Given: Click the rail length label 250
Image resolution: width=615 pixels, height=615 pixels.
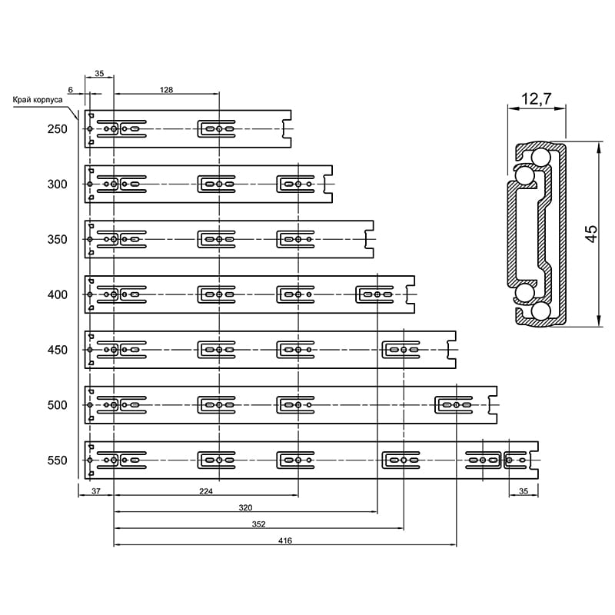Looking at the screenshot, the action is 57,129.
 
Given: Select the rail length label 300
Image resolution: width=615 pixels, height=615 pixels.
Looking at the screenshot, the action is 57,184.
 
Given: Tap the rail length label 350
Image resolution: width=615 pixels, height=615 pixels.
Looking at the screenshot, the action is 57,240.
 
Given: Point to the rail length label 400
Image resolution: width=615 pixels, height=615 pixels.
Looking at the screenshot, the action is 57,295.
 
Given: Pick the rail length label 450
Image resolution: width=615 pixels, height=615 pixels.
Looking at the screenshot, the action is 57,350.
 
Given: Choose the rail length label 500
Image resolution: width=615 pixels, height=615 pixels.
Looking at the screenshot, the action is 57,405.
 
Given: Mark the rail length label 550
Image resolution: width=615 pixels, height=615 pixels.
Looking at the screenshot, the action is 57,460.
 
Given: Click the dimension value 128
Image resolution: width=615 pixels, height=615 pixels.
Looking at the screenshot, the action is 166,90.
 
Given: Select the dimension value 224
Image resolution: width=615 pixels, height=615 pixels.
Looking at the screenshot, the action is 206,491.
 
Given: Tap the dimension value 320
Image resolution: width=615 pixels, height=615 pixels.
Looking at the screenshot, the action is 245,507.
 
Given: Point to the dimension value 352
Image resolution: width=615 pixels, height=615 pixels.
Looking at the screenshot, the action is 259,524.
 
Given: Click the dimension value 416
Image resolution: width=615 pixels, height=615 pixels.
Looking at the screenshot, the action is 285,540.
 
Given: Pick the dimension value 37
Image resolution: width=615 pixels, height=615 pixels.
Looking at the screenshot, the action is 96,491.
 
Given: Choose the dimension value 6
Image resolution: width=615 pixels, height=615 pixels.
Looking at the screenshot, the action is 71,90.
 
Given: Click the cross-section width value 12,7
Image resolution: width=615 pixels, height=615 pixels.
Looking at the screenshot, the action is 536,98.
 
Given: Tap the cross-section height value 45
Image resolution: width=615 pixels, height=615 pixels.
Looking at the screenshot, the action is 591,234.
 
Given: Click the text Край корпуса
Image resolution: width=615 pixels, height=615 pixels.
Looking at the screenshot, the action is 38,100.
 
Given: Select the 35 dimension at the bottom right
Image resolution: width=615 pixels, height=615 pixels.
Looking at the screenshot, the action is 524,491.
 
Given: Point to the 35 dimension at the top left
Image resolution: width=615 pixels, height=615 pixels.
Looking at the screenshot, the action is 99,73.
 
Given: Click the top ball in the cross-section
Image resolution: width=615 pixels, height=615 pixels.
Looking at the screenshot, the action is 541,158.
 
